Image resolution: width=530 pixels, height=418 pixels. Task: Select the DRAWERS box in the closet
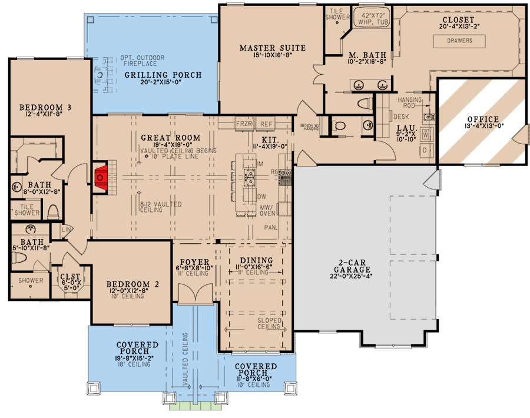pos(461,41)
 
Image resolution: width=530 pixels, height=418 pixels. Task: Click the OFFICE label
pos(483,120)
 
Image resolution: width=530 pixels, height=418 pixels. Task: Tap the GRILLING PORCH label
pos(163,75)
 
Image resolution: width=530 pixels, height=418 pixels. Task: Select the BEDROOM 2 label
pos(127,284)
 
